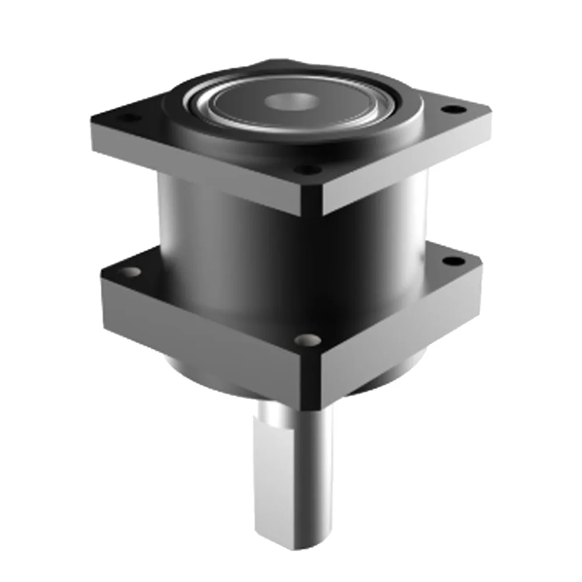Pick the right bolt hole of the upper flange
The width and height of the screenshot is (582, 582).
(451, 109)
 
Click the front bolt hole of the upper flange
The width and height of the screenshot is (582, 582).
(307, 170)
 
